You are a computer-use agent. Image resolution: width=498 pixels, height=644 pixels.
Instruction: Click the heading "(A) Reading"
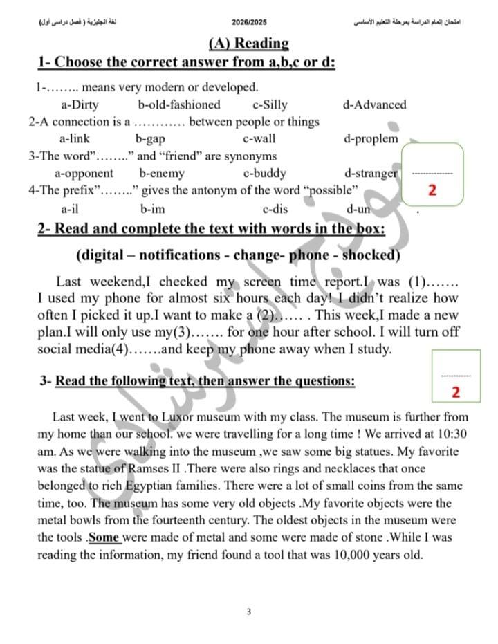click(x=248, y=44)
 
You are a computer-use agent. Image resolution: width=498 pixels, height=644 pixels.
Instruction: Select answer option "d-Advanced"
click(x=374, y=105)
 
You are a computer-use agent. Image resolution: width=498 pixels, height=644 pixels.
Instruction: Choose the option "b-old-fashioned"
click(x=179, y=105)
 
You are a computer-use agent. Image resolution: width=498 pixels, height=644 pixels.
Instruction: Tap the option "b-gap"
click(x=149, y=139)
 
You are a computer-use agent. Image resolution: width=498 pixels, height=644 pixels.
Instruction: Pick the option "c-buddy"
click(x=265, y=174)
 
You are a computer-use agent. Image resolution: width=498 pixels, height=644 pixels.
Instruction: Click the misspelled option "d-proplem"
click(x=371, y=139)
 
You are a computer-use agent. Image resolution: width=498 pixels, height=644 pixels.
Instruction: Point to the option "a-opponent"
click(x=84, y=174)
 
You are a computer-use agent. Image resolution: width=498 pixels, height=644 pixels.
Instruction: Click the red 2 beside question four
click(x=432, y=190)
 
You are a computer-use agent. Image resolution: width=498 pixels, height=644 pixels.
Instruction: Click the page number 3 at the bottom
click(x=248, y=611)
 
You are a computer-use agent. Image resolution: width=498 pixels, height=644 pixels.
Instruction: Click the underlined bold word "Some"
click(x=104, y=537)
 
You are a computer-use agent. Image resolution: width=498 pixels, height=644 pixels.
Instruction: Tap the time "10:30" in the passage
click(x=453, y=434)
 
